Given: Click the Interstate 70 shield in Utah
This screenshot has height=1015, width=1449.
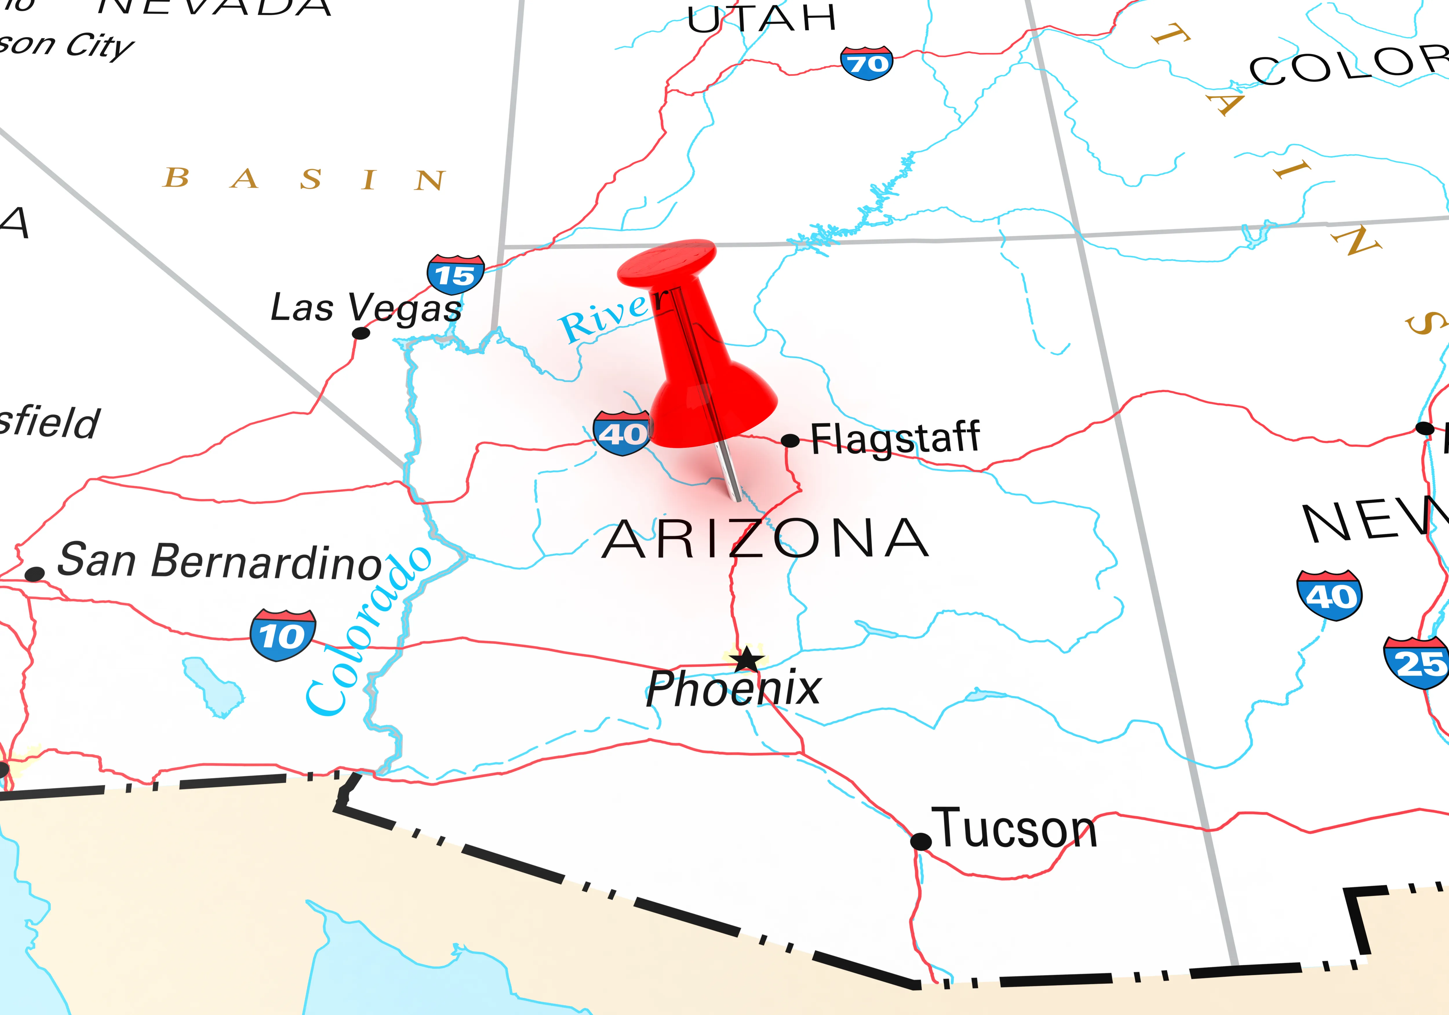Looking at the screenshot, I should tap(867, 63).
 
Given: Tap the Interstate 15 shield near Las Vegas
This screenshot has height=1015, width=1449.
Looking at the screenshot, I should tap(455, 275).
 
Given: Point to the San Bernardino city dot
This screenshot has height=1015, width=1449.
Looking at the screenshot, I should tap(35, 574).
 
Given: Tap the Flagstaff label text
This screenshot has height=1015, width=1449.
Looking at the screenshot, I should tap(895, 438).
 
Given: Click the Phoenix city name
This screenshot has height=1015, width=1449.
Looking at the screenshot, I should tap(733, 688).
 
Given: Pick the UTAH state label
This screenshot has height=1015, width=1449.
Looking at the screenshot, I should tap(762, 19).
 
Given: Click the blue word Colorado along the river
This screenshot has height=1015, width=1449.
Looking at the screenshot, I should tap(369, 632).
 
